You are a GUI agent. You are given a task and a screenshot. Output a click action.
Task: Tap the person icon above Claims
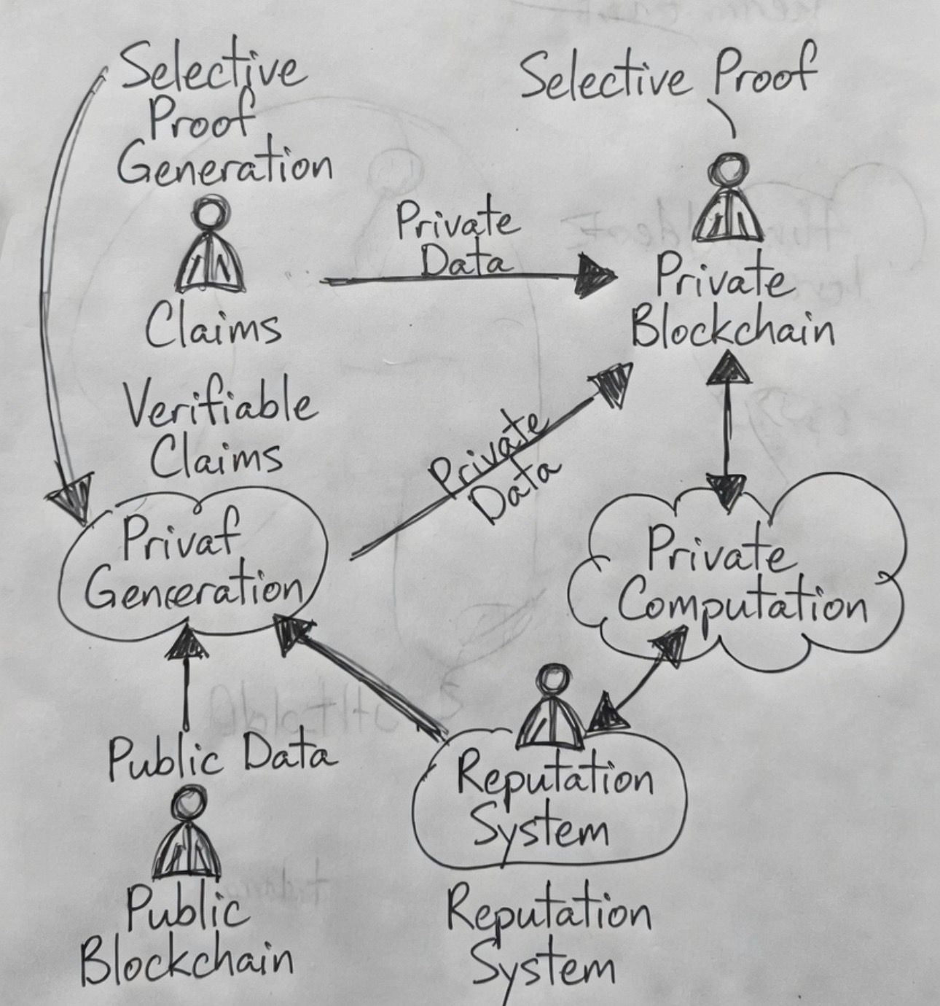(210, 251)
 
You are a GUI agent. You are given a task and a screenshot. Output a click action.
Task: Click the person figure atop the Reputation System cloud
(552, 709)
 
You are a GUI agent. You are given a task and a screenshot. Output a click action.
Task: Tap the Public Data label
(222, 758)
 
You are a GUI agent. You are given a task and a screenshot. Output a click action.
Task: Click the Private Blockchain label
(731, 306)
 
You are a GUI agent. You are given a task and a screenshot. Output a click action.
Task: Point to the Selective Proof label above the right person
(667, 77)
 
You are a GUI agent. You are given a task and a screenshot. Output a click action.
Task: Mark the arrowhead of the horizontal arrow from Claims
(594, 277)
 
